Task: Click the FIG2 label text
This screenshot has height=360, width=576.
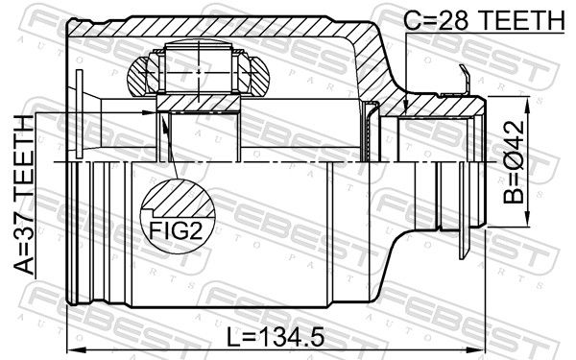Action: (176, 230)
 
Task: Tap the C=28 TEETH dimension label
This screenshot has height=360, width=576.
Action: (484, 20)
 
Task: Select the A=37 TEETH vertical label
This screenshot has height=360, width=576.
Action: (24, 195)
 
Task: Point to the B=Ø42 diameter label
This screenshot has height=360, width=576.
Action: (514, 162)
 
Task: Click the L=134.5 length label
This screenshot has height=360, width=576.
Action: (276, 338)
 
